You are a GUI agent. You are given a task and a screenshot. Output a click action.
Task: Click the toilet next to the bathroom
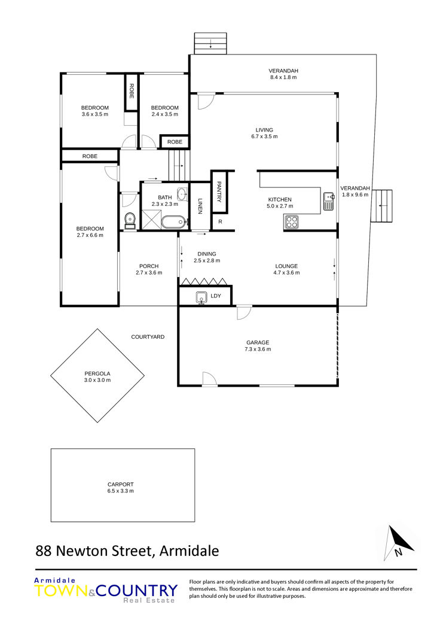point(130,221)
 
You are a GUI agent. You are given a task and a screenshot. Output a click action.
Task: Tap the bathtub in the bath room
point(173,221)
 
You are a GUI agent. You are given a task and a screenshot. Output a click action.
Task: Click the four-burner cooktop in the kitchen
point(291,221)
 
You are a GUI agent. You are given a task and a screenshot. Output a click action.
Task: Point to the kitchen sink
point(328,200)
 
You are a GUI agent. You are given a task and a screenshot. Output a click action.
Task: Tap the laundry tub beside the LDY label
point(201,297)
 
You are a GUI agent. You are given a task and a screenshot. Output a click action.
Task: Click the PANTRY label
point(219,192)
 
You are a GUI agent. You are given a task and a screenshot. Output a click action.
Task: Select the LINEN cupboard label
point(200,206)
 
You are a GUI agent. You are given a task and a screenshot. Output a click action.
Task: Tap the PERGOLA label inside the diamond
point(97,373)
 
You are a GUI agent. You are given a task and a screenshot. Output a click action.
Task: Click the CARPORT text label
point(121,484)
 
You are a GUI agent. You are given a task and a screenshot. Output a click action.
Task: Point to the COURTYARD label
point(148,337)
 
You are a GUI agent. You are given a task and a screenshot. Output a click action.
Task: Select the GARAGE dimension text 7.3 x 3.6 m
point(258,350)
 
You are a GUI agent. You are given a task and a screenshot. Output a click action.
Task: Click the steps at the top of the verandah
point(210,44)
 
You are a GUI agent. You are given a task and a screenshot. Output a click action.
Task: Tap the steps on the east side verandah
point(381,206)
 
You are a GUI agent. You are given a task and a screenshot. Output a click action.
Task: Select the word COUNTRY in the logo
point(136,591)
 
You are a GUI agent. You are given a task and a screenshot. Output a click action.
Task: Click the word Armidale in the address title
point(189,551)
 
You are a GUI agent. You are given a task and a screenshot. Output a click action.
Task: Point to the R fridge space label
point(220,221)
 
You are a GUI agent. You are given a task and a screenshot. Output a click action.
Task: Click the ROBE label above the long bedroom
point(90,156)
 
